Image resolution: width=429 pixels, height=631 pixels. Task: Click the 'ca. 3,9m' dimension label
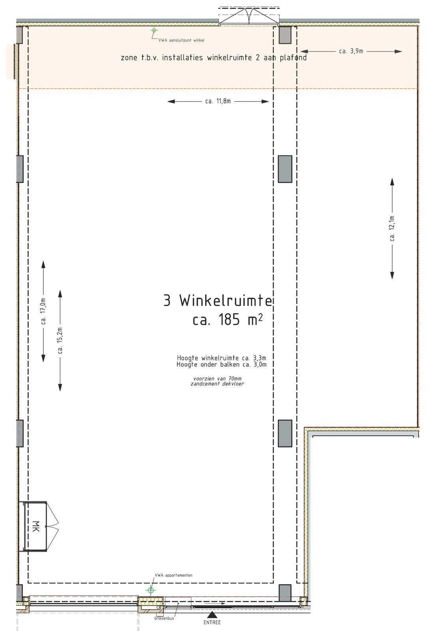point(351,51)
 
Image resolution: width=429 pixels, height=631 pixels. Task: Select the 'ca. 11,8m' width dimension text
point(218,101)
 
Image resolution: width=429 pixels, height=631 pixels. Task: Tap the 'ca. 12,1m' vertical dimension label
point(392,228)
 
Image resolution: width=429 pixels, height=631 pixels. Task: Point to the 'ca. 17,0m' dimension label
point(43,311)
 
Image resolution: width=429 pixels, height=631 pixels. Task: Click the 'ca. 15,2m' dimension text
point(60,341)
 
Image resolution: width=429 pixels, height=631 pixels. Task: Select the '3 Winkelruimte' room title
point(217,301)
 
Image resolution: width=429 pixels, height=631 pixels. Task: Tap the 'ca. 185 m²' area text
point(228,320)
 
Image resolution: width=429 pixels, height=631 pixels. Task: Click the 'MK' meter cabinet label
point(36,526)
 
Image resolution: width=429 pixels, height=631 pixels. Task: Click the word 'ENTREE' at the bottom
point(212,622)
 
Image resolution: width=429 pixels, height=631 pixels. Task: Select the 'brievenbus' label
point(164,618)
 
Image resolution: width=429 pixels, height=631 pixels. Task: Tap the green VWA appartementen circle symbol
point(150,590)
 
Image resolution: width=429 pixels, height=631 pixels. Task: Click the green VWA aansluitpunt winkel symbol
point(154,30)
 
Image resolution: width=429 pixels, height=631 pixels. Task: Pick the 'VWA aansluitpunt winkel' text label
point(181,40)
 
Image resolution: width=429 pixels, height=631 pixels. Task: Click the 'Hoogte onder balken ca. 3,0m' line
point(221,364)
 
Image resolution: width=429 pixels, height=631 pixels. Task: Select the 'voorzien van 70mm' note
point(217,379)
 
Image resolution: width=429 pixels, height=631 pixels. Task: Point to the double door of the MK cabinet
point(53,526)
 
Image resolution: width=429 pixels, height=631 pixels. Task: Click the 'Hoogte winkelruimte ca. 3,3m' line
point(221,358)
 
